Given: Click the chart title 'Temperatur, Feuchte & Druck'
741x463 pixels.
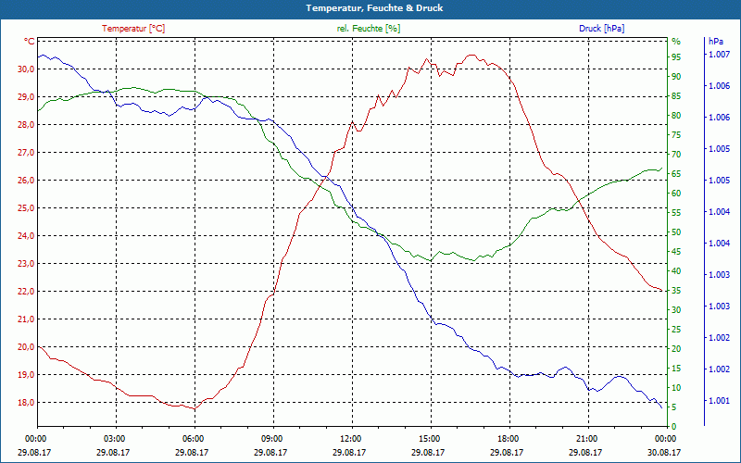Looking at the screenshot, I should point(370,7).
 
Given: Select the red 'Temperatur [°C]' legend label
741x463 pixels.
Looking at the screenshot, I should point(133,29).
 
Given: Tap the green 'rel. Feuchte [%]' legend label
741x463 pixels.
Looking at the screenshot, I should point(369,29).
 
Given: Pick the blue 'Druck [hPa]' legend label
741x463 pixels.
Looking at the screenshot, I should point(601,29).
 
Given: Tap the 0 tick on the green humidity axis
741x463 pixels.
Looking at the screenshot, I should point(674,426).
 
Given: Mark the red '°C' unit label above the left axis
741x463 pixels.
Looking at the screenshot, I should point(30,42).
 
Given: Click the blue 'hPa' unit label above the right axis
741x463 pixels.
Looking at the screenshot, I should point(715,42).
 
